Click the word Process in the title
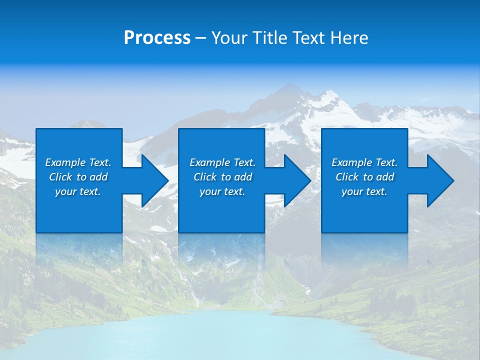(x=157, y=38)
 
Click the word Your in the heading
(x=230, y=38)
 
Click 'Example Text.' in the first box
(x=78, y=162)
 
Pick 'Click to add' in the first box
(x=78, y=177)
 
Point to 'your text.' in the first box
(x=78, y=191)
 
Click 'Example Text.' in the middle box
(x=222, y=162)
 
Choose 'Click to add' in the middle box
(x=222, y=177)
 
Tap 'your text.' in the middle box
(x=222, y=191)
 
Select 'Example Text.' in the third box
(x=364, y=162)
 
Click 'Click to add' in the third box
(x=364, y=177)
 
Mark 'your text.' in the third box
(x=364, y=191)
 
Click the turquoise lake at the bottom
(x=240, y=335)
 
